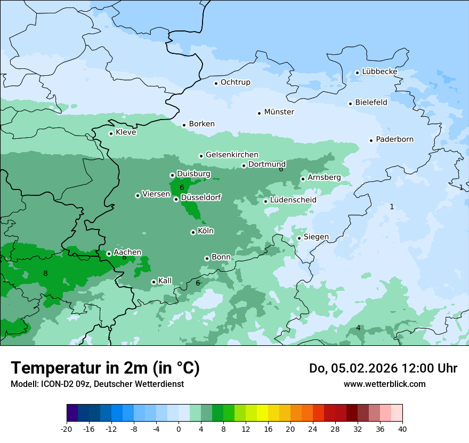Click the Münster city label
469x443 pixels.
point(279,112)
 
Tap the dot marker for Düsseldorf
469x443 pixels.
point(176,199)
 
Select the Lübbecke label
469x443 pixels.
point(379,72)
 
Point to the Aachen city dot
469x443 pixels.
point(109,254)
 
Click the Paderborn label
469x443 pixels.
point(394,139)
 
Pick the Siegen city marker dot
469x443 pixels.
point(300,238)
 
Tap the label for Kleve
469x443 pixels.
point(126,132)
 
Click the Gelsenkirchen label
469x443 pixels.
point(232,155)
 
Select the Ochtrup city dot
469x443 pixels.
point(216,83)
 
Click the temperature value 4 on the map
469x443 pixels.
point(358,328)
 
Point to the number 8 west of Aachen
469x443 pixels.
point(45,274)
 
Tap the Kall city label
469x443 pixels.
point(165,281)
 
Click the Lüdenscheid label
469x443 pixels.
point(293,200)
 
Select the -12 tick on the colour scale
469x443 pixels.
point(111,429)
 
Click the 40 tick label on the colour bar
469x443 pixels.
point(402,429)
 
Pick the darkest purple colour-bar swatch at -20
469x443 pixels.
point(72,413)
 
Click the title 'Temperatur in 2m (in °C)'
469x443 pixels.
point(105,368)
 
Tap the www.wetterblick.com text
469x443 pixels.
point(384,384)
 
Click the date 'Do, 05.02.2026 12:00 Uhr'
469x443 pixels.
point(383,368)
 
